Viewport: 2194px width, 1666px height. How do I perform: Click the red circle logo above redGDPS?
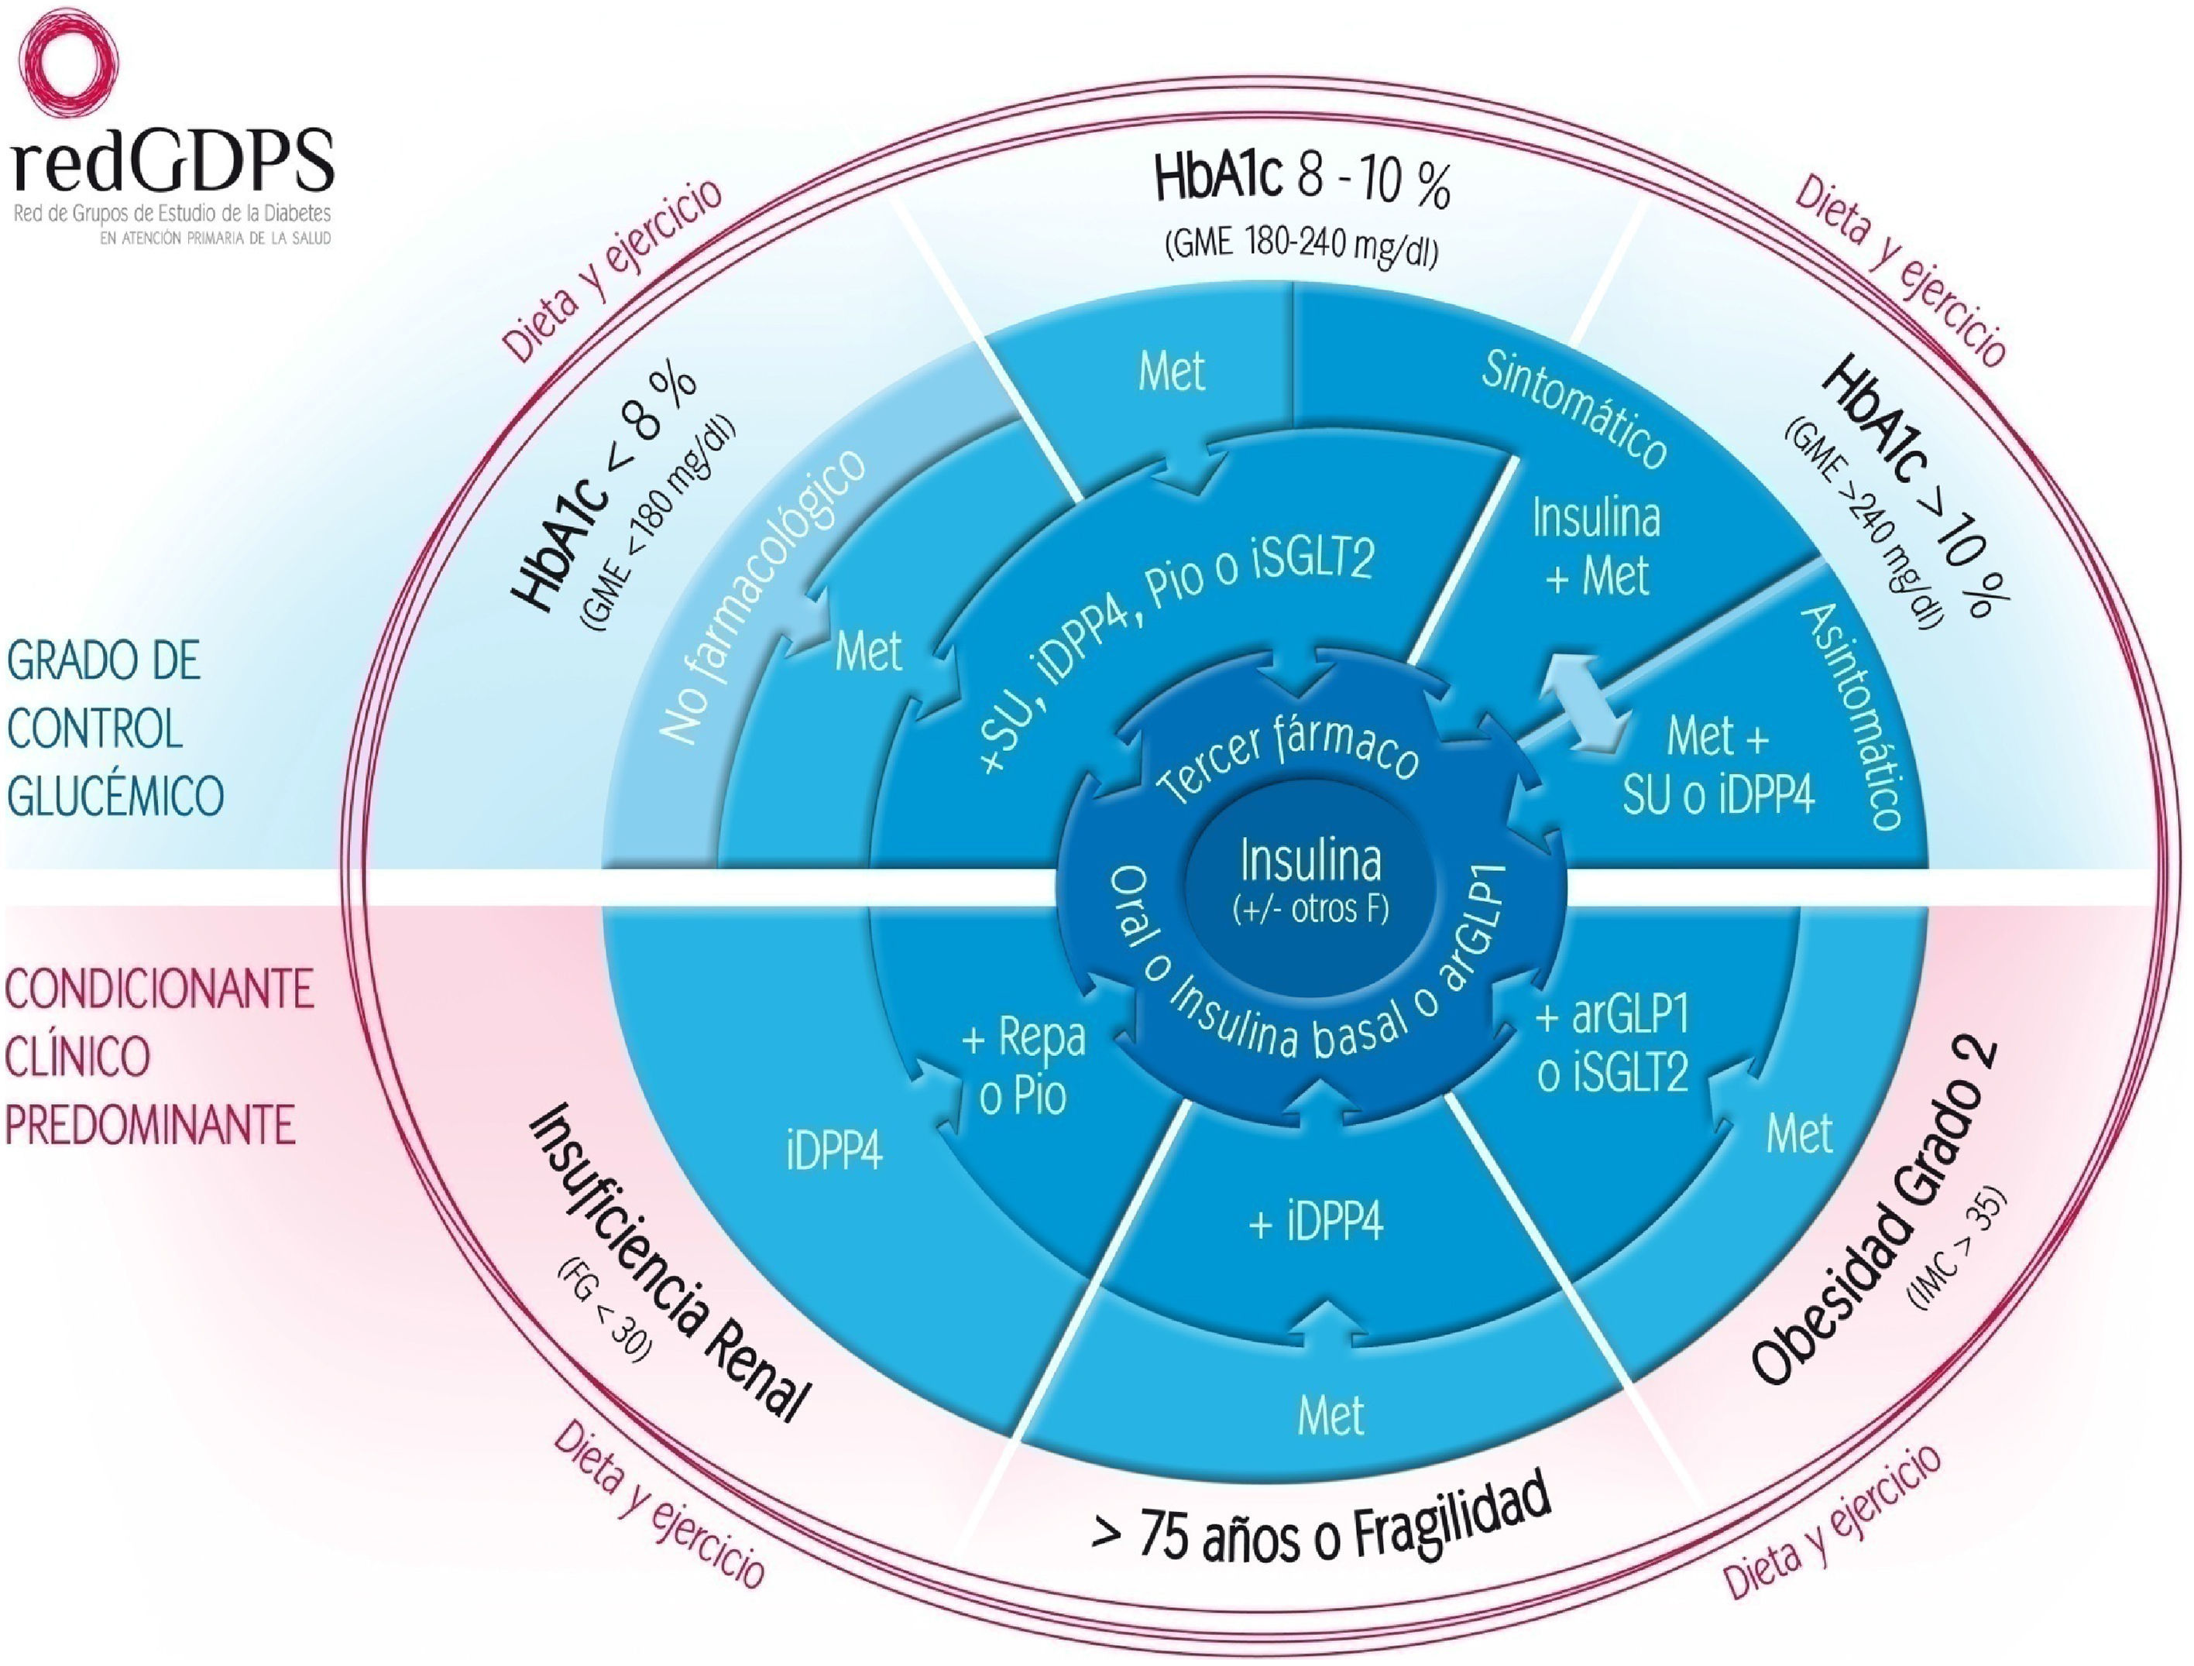(67, 61)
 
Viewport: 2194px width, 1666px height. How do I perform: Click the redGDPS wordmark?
(174, 162)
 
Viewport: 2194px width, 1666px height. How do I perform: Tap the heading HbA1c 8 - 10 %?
(1301, 180)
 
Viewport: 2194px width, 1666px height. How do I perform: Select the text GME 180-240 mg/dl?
(1301, 244)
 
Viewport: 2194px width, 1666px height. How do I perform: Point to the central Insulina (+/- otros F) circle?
(1310, 878)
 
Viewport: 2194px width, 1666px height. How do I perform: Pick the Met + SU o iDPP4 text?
(1718, 766)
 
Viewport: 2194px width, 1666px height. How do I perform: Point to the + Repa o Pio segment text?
(1024, 1066)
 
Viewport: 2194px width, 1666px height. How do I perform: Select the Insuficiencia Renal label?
(671, 1263)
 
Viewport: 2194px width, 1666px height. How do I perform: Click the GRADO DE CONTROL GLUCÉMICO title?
(114, 729)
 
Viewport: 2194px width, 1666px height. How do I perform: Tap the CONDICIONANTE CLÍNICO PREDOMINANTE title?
(159, 1057)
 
